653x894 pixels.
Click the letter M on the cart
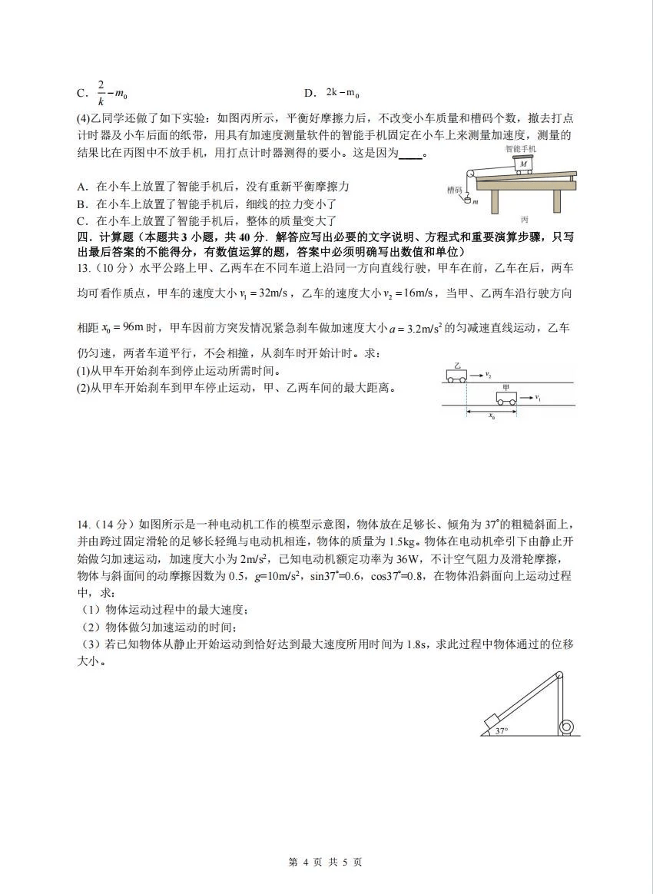click(523, 164)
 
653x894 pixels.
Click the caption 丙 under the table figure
click(524, 219)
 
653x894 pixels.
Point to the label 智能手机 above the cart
click(521, 147)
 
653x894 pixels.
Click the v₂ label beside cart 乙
click(488, 375)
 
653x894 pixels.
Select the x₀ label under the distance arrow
click(492, 418)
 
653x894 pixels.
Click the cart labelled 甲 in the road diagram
click(505, 398)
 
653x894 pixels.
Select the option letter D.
click(310, 93)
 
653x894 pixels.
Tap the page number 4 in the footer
click(305, 862)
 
